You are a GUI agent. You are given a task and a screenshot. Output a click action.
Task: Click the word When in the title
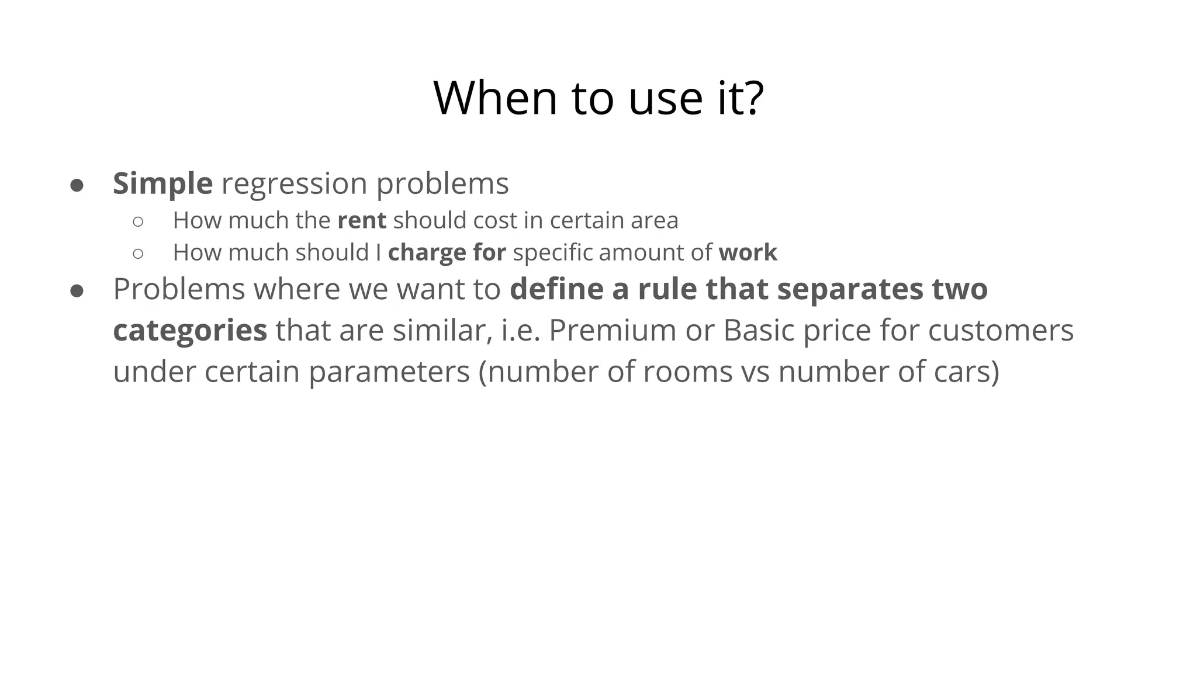pyautogui.click(x=495, y=98)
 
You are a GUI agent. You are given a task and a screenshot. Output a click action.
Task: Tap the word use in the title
pyautogui.click(x=665, y=98)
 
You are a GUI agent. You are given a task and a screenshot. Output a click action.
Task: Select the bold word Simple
pyautogui.click(x=162, y=183)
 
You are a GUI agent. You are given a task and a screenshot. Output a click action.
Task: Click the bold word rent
pyautogui.click(x=362, y=221)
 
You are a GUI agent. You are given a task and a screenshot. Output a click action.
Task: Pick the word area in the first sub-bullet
pyautogui.click(x=653, y=221)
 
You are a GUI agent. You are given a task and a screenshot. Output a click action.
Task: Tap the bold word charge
pyautogui.click(x=427, y=253)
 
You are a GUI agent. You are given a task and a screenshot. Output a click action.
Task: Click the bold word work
pyautogui.click(x=748, y=252)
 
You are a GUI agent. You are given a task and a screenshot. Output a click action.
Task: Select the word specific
pyautogui.click(x=552, y=253)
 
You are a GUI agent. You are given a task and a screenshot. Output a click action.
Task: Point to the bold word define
pyautogui.click(x=556, y=289)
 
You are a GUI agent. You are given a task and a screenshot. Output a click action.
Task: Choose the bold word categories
pyautogui.click(x=190, y=331)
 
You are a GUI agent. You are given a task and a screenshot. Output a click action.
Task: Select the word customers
pyautogui.click(x=1001, y=330)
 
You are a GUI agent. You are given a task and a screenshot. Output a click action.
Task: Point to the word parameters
pyautogui.click(x=389, y=372)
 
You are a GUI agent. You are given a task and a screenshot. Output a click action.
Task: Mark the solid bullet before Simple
pyautogui.click(x=77, y=186)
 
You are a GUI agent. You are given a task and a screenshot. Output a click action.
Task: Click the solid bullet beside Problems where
pyautogui.click(x=77, y=291)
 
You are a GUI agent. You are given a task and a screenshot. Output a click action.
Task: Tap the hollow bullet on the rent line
pyautogui.click(x=138, y=221)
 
